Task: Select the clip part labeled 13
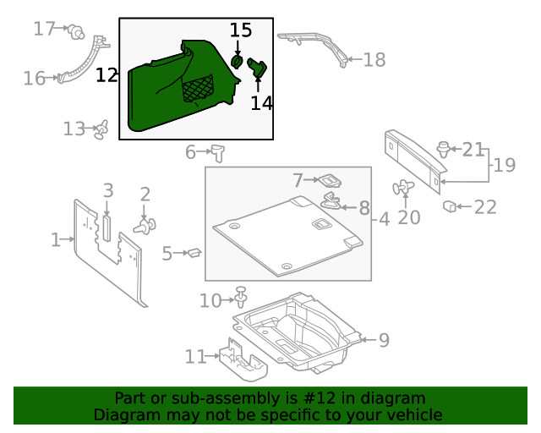102,129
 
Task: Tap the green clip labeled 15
238,62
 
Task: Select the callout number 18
374,59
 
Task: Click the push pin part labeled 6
220,151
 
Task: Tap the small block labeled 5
193,251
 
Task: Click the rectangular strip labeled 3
107,227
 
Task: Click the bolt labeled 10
243,297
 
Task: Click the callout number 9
384,340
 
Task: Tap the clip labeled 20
404,189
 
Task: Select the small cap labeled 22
451,206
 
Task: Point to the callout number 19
504,165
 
